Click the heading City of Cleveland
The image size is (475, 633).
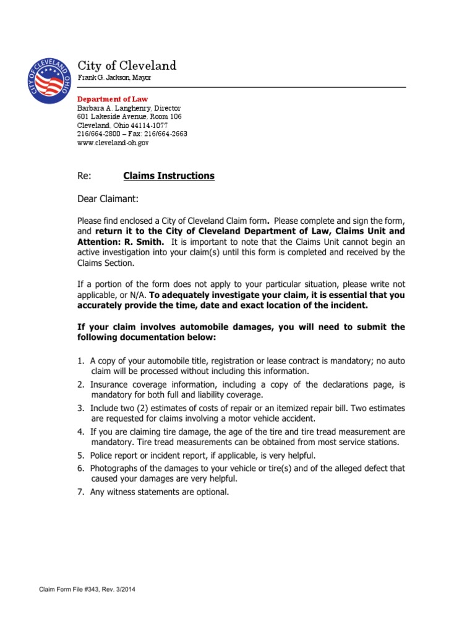[x=126, y=66]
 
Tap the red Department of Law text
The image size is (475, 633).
[x=112, y=99]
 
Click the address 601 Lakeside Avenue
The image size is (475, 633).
[x=113, y=116]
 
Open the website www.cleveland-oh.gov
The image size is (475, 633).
[x=113, y=142]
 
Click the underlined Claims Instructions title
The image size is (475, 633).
[x=169, y=176]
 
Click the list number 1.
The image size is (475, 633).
[x=80, y=361]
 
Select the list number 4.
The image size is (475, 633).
[x=80, y=431]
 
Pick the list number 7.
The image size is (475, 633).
[x=80, y=492]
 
